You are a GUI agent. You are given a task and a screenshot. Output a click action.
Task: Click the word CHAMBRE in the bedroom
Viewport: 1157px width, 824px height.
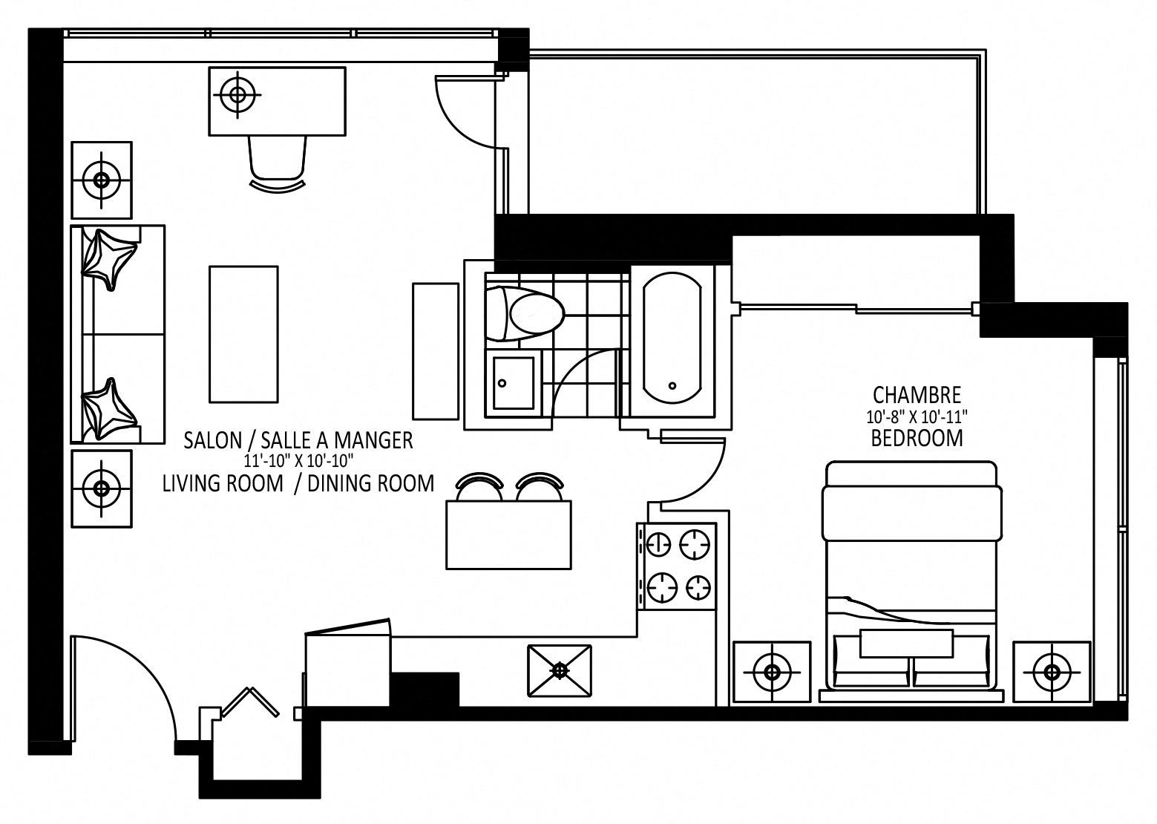click(917, 394)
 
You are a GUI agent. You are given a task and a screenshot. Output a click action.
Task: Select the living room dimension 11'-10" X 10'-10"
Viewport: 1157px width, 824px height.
click(298, 461)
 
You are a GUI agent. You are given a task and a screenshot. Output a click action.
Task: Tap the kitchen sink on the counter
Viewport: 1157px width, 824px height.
click(560, 671)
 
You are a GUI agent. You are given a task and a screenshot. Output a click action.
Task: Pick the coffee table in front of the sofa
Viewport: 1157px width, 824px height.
click(243, 334)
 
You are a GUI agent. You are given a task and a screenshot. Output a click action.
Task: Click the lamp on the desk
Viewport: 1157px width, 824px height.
click(237, 94)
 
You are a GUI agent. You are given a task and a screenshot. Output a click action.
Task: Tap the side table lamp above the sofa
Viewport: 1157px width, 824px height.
click(101, 180)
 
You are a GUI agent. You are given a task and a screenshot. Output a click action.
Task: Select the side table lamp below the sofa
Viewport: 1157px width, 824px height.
click(101, 488)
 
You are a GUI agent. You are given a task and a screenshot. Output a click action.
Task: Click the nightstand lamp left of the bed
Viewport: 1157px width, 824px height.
click(772, 673)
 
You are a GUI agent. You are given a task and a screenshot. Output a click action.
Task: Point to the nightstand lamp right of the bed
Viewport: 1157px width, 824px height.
click(1052, 673)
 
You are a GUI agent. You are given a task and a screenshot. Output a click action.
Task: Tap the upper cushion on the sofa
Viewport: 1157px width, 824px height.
click(108, 258)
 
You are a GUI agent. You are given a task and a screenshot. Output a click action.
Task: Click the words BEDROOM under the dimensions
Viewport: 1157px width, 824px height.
click(917, 438)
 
